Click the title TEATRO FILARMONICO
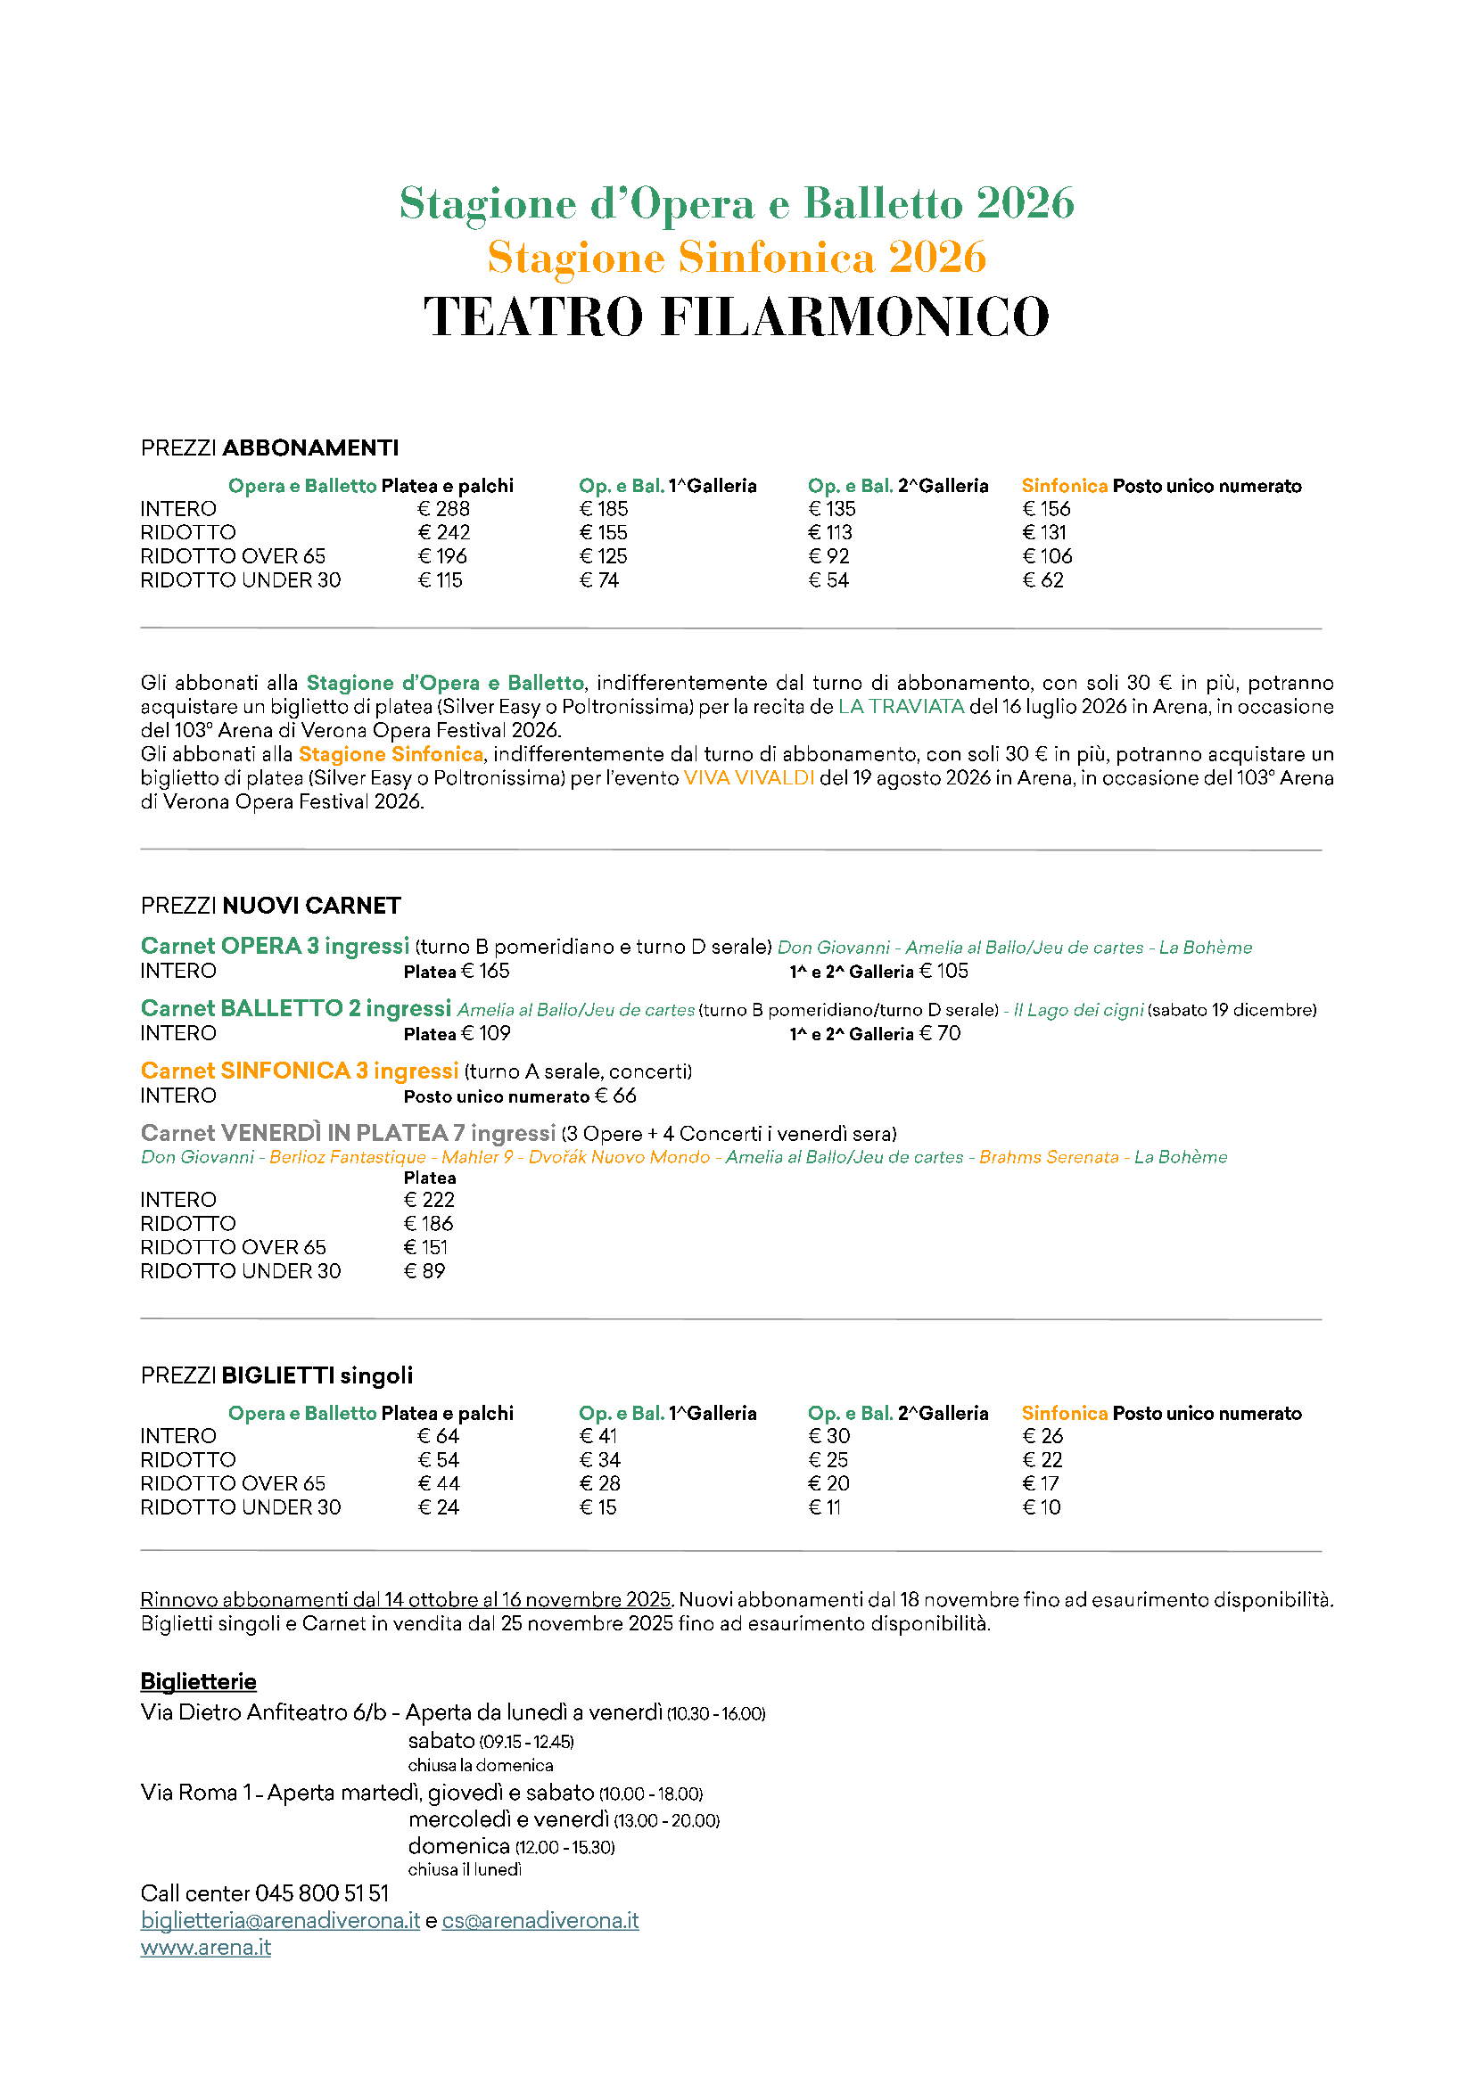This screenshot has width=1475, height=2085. (x=737, y=317)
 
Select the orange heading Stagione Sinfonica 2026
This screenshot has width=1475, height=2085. (x=737, y=257)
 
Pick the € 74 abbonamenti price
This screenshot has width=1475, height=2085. (x=599, y=580)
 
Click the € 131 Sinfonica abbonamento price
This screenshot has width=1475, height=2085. (x=1044, y=533)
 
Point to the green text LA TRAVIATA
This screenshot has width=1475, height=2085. (x=900, y=708)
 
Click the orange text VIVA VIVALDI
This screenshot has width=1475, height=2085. (x=748, y=778)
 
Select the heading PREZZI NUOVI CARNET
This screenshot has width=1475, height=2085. (x=271, y=906)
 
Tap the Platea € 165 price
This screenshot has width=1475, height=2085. (x=457, y=972)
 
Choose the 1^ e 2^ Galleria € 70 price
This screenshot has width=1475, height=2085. (x=875, y=1034)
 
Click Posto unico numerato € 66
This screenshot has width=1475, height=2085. (x=520, y=1096)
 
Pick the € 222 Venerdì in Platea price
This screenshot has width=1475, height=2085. (x=429, y=1201)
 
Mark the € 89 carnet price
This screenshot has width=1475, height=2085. (x=424, y=1271)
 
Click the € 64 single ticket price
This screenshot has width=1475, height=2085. (x=439, y=1437)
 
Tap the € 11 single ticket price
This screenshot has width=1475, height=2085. (x=825, y=1507)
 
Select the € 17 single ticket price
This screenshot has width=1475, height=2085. (x=1041, y=1484)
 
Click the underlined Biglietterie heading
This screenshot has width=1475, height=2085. (x=198, y=1682)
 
